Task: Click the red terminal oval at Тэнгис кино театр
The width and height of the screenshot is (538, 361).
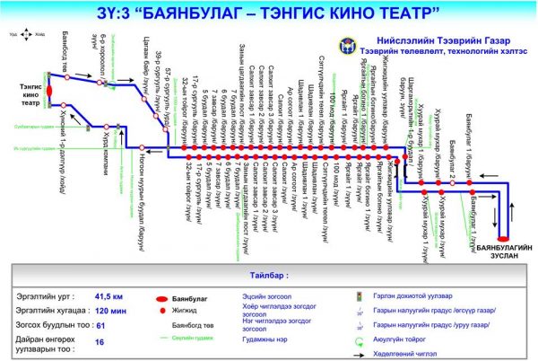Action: [50, 91]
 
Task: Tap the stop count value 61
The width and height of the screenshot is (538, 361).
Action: [101, 324]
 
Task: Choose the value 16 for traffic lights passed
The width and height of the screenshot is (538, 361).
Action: [100, 341]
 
